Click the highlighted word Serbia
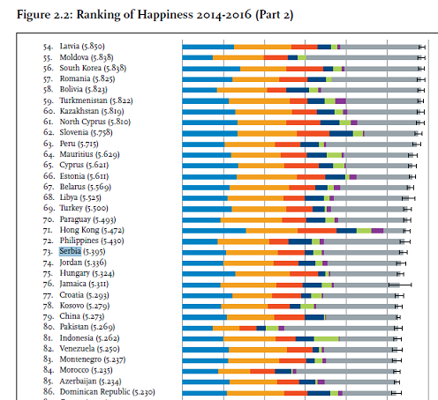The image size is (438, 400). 70,251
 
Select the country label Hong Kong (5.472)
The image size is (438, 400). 92,230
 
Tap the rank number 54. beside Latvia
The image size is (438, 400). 49,47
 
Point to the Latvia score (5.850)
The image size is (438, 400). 93,47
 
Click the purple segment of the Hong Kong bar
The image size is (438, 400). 377,231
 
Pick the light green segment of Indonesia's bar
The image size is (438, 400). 326,339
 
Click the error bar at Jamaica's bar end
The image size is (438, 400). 400,285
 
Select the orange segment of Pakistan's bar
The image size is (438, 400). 226,328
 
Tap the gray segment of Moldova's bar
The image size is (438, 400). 362,57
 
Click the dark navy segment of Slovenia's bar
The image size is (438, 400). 341,134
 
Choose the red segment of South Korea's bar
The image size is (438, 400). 305,69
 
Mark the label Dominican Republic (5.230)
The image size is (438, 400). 107,392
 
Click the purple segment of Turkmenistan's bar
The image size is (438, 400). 341,101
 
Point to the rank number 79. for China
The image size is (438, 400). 49,316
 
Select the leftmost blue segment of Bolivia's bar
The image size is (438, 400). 200,90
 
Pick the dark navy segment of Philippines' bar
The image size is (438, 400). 300,241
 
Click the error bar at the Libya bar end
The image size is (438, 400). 408,198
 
